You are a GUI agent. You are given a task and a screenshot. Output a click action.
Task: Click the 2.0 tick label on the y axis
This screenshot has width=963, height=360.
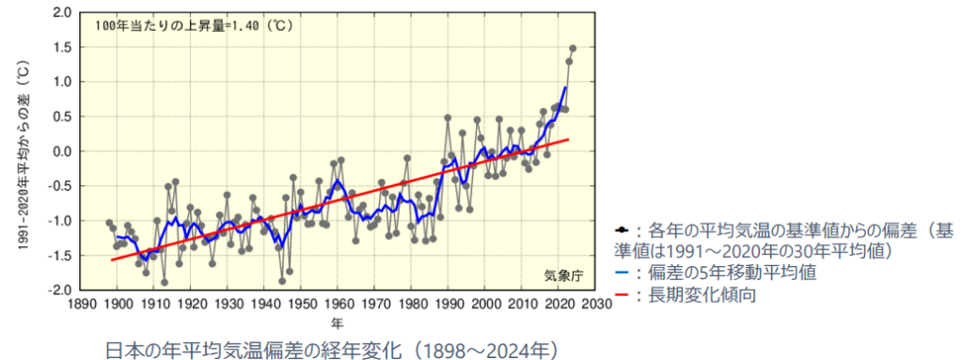pyautogui.click(x=61, y=12)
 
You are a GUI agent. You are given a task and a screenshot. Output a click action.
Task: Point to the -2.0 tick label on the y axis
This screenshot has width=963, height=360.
pyautogui.click(x=59, y=290)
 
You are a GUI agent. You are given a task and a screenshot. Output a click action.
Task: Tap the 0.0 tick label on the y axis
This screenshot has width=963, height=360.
pyautogui.click(x=61, y=151)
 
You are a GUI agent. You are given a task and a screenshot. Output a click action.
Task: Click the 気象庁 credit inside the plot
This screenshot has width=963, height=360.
pyautogui.click(x=563, y=275)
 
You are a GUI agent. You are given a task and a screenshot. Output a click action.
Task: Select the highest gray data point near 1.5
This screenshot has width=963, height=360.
pyautogui.click(x=573, y=48)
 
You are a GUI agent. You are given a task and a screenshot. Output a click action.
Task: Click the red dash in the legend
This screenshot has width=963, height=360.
pyautogui.click(x=618, y=295)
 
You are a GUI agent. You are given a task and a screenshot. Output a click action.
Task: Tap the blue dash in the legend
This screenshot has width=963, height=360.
pyautogui.click(x=618, y=274)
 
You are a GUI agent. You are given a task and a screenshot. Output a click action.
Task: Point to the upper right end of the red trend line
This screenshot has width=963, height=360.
pyautogui.click(x=569, y=139)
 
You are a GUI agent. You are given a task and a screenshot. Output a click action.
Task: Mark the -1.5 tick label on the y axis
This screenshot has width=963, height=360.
pyautogui.click(x=59, y=256)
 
